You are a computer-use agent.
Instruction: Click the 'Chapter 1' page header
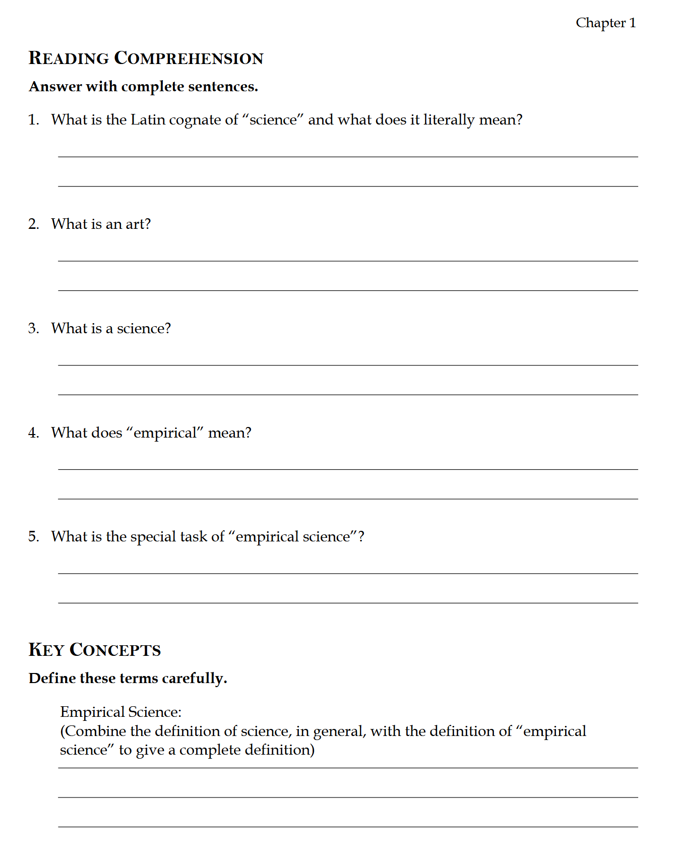[605, 23]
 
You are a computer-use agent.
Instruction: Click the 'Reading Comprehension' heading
[146, 58]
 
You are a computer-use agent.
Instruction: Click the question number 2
[33, 224]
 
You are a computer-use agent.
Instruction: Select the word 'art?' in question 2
[138, 224]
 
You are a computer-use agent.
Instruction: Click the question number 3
[33, 329]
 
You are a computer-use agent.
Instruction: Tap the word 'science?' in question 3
[144, 329]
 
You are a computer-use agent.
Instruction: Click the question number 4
[33, 433]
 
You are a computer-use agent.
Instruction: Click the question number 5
[33, 537]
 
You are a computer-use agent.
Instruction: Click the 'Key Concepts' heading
[95, 650]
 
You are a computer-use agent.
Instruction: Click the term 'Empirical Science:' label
[120, 712]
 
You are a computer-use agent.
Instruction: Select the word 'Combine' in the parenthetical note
[95, 731]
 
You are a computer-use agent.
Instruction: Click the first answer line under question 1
[348, 156]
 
